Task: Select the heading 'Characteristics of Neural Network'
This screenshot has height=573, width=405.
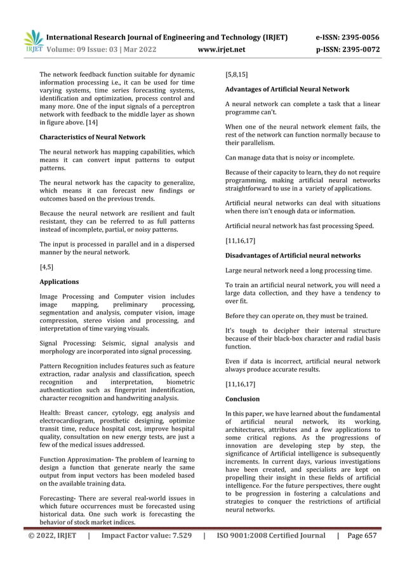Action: [x=92, y=137]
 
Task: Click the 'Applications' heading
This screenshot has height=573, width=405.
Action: [x=59, y=281]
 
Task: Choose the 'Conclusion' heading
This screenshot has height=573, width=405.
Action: [x=242, y=399]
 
